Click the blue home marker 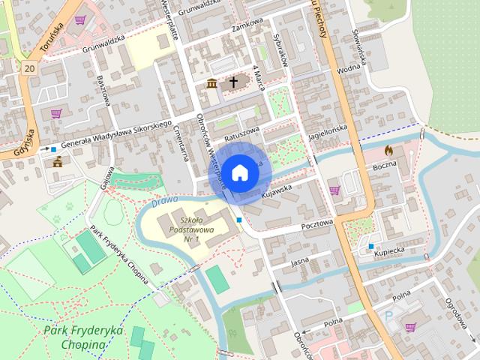pos(238,172)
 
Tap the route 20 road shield pos(29,68)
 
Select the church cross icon pos(233,82)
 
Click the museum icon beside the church pos(212,83)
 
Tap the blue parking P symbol pos(388,317)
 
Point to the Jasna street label pos(299,262)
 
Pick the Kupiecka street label pos(390,248)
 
